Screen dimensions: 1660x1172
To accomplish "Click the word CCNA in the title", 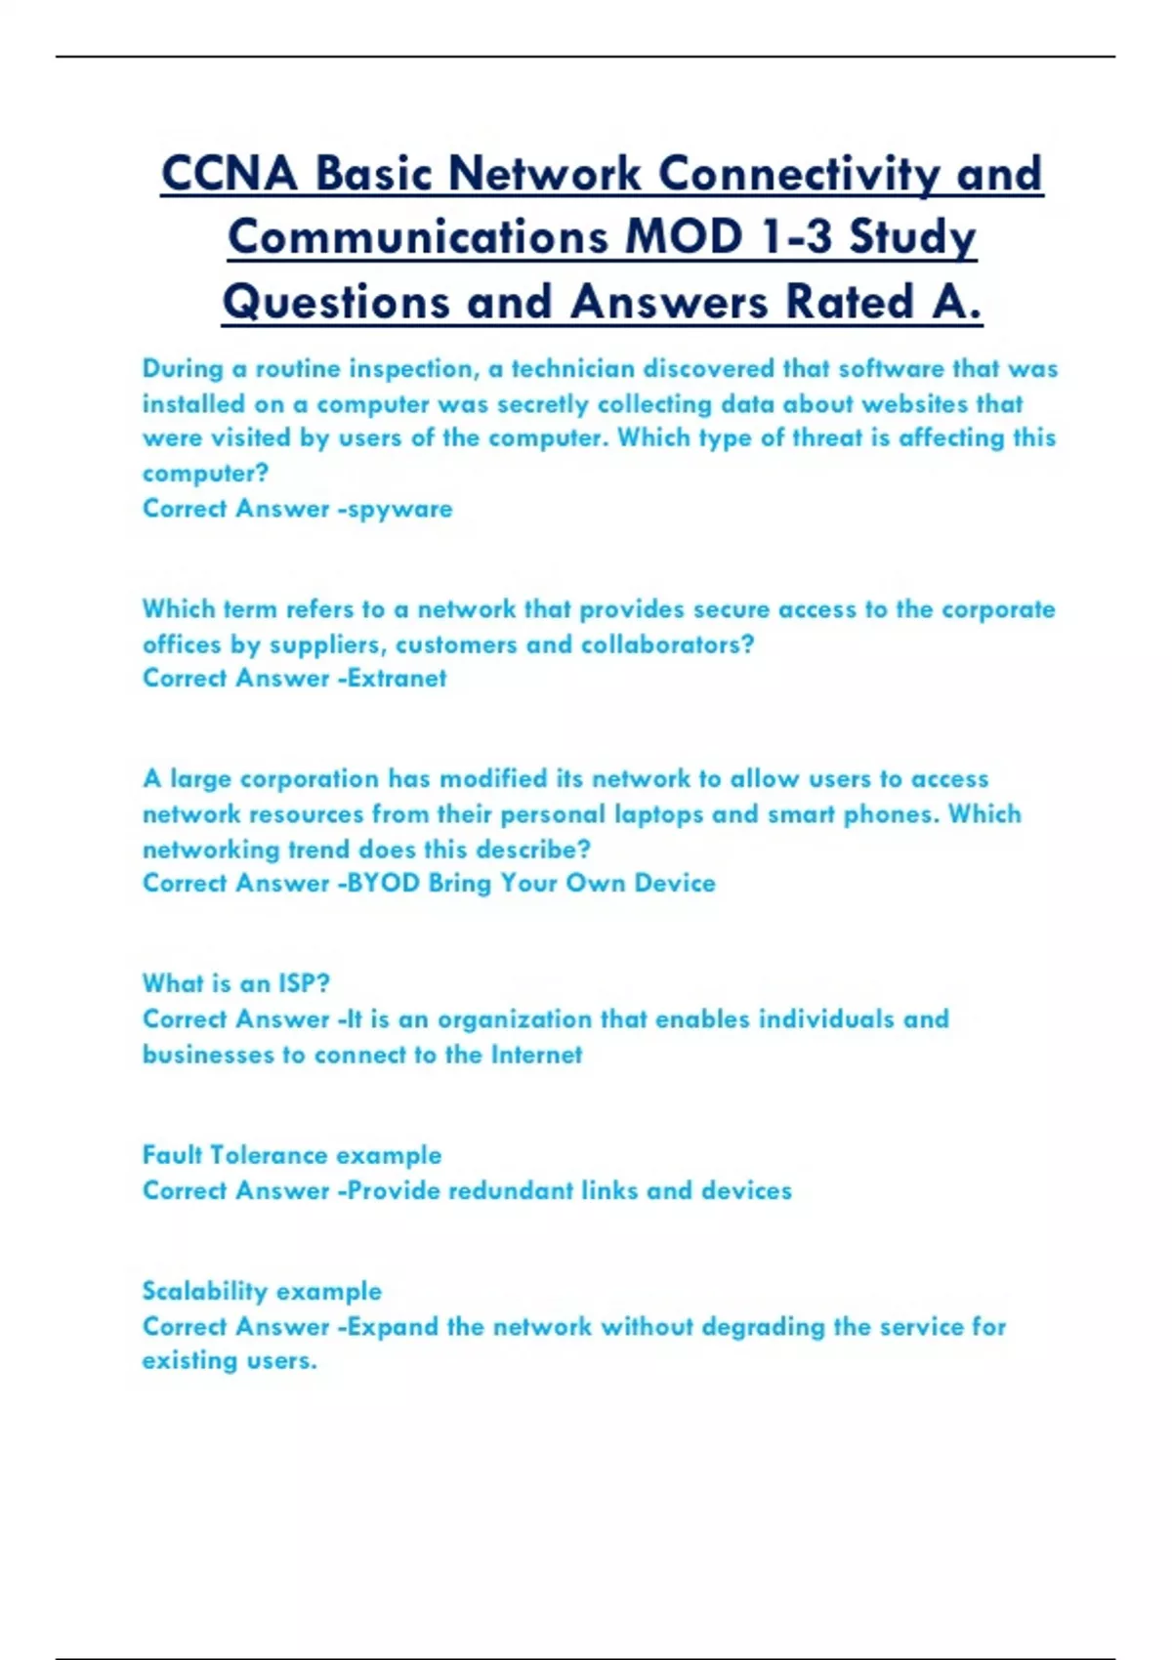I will (x=230, y=175).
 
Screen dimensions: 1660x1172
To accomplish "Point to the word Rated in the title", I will (x=850, y=302).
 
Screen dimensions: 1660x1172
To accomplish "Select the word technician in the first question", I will (x=573, y=369).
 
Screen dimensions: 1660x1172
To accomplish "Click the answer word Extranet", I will (x=398, y=679).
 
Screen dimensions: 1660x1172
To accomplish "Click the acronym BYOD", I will (x=384, y=884).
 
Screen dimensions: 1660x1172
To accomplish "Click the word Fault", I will (x=172, y=1155).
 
